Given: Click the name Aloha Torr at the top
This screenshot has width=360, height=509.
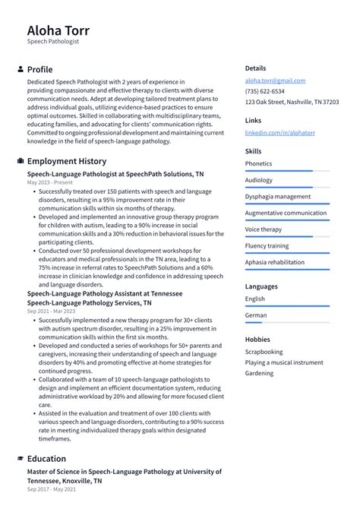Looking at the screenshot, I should (58, 30).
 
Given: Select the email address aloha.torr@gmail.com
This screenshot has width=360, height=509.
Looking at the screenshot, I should (275, 81).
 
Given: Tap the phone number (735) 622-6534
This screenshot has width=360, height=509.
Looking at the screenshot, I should (265, 91).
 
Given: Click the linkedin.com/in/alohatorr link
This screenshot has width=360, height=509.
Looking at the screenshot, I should (279, 132).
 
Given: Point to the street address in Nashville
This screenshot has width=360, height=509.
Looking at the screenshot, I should (292, 102).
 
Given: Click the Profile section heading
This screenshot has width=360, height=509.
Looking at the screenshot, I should (39, 69).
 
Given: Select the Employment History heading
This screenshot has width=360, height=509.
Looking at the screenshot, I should (67, 161).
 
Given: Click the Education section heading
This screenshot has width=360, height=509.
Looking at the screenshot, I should (46, 459).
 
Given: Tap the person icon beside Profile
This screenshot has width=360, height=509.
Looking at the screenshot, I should (20, 69).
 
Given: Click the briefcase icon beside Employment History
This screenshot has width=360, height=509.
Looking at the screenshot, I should (20, 161).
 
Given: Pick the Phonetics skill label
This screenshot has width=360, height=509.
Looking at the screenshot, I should (258, 163).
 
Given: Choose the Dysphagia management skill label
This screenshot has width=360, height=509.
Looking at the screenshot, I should (277, 196).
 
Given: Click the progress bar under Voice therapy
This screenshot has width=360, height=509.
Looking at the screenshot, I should (287, 236).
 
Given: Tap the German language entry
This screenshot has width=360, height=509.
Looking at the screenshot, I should (256, 315).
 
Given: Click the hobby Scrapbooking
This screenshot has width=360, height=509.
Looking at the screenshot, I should (264, 352).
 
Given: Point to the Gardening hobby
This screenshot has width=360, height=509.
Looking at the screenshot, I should (259, 373).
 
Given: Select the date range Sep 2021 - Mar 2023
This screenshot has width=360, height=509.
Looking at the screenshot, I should (51, 311).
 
